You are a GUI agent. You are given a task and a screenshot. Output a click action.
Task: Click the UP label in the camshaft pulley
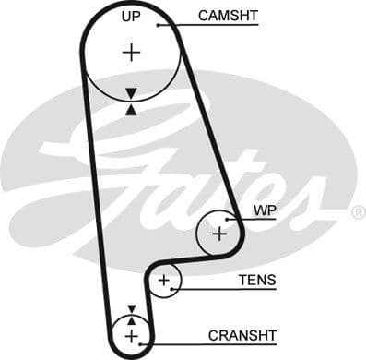[x=132, y=17]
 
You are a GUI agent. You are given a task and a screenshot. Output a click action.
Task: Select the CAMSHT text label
[x=228, y=15]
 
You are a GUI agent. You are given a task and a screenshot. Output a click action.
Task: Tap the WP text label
[x=264, y=210]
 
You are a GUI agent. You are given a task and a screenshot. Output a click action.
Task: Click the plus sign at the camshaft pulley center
[x=132, y=53]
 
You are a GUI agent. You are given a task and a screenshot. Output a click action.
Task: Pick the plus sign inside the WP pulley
[x=219, y=234]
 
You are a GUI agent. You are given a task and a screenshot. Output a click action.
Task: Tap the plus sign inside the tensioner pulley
[x=164, y=280]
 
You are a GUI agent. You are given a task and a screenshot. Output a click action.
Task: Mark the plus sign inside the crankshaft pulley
[x=131, y=335]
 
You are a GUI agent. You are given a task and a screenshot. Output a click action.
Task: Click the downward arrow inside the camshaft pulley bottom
[x=131, y=93]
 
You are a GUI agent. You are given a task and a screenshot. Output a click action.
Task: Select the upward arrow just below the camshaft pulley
[x=131, y=109]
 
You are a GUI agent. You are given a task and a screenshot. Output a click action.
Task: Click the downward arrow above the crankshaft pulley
[x=131, y=309]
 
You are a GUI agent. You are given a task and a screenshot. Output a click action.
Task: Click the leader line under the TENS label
[x=230, y=289]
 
